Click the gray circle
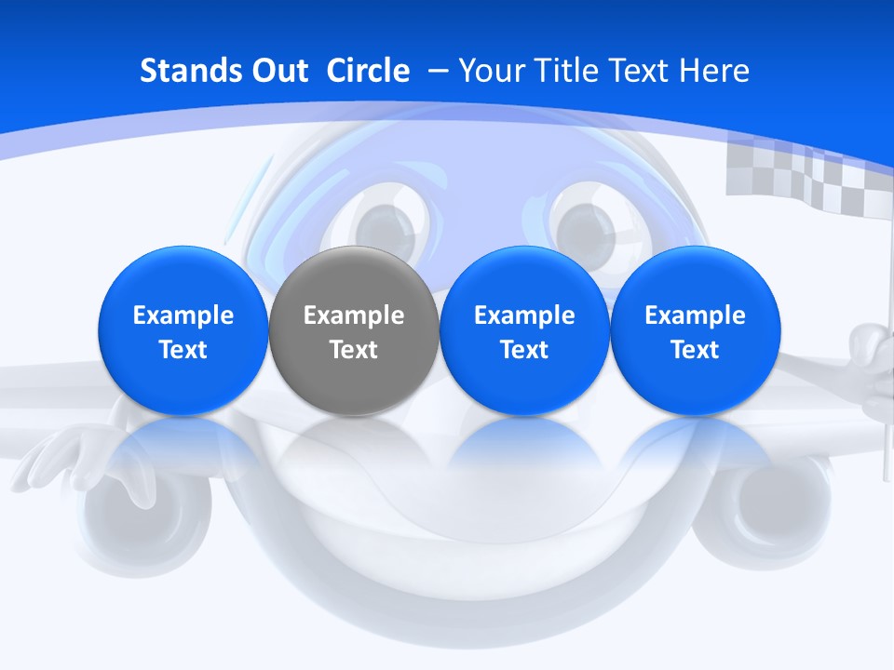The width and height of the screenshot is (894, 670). pyautogui.click(x=353, y=330)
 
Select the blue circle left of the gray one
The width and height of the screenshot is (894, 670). pyautogui.click(x=183, y=330)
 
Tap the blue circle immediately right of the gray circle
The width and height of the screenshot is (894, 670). pyautogui.click(x=524, y=330)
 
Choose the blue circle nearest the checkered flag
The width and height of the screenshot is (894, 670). pyautogui.click(x=695, y=330)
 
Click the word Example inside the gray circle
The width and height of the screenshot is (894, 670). pyautogui.click(x=354, y=315)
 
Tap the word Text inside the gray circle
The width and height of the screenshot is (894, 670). pyautogui.click(x=354, y=350)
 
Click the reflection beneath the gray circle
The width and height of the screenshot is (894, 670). pyautogui.click(x=353, y=447)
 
